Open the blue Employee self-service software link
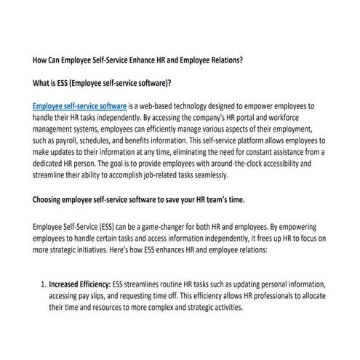pyautogui.click(x=81, y=105)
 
